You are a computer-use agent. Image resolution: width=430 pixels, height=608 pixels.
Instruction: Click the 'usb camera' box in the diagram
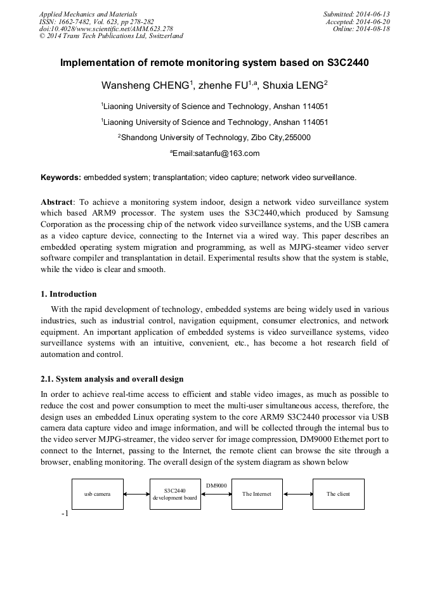pos(97,495)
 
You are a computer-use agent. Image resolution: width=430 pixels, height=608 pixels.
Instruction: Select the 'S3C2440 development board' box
pos(175,495)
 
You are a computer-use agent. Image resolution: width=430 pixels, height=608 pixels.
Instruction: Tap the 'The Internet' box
pos(257,495)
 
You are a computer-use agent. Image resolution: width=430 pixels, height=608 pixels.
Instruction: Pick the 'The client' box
pos(338,495)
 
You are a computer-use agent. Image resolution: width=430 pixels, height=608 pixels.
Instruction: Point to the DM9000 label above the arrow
pos(216,486)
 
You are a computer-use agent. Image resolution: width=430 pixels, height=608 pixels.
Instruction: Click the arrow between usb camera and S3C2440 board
pos(136,495)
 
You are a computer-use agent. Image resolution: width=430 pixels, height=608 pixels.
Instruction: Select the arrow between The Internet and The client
pos(297,495)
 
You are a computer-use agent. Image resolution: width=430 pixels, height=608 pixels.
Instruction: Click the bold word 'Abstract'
pos(57,201)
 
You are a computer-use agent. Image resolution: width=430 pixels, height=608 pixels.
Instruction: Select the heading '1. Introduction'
pos(68,294)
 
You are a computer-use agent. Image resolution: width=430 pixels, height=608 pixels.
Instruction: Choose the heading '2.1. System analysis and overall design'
pos(112,379)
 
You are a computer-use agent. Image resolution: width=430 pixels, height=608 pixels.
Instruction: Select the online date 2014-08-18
pos(374,29)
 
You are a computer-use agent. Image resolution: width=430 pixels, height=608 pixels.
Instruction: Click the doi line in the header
pos(106,29)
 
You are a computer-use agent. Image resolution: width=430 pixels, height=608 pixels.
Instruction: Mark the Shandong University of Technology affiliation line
pos(216,137)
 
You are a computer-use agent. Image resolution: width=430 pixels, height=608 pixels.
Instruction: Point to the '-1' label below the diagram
pos(65,514)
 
